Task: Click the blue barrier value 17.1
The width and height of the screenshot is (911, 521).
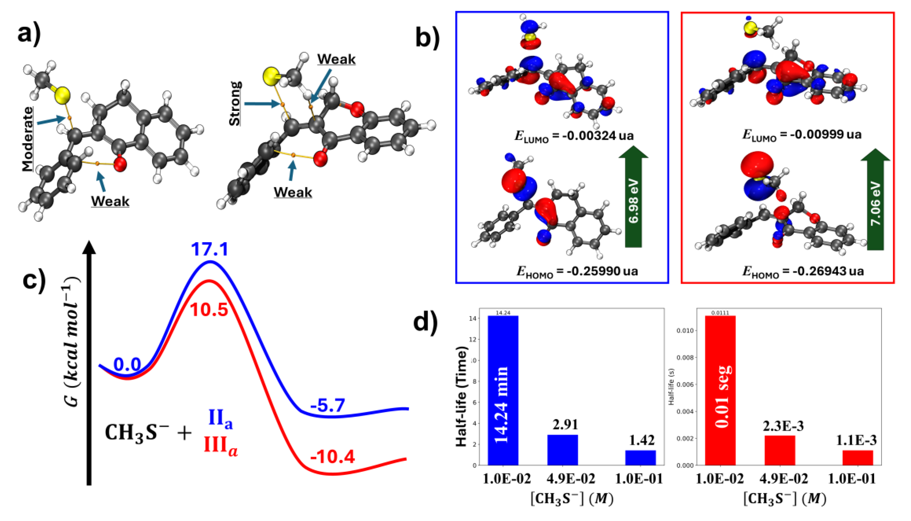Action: coord(210,249)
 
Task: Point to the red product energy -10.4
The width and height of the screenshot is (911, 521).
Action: coord(332,457)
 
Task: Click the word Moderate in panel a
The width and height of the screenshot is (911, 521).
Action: coord(27,139)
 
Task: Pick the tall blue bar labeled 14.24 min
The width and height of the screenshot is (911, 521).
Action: coord(503,390)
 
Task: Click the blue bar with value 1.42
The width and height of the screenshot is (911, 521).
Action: coord(640,458)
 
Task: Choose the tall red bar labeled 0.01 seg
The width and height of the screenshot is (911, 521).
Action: coord(720,390)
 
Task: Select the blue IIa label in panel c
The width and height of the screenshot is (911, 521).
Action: coord(220,419)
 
